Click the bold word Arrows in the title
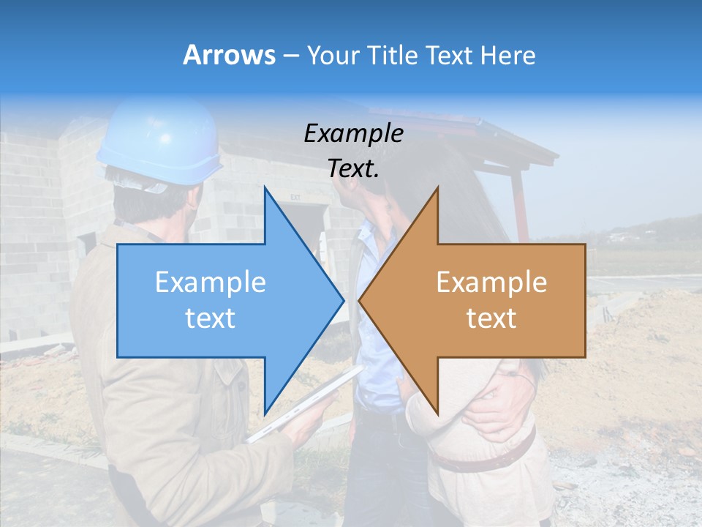point(230,55)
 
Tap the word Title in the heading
point(390,55)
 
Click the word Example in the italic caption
point(353,133)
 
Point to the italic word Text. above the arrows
point(353,168)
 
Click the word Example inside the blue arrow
point(211,282)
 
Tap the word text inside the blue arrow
point(211,318)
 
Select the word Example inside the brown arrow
point(491,282)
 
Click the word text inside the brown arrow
point(491,318)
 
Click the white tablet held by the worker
point(307,406)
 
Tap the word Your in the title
point(333,55)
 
